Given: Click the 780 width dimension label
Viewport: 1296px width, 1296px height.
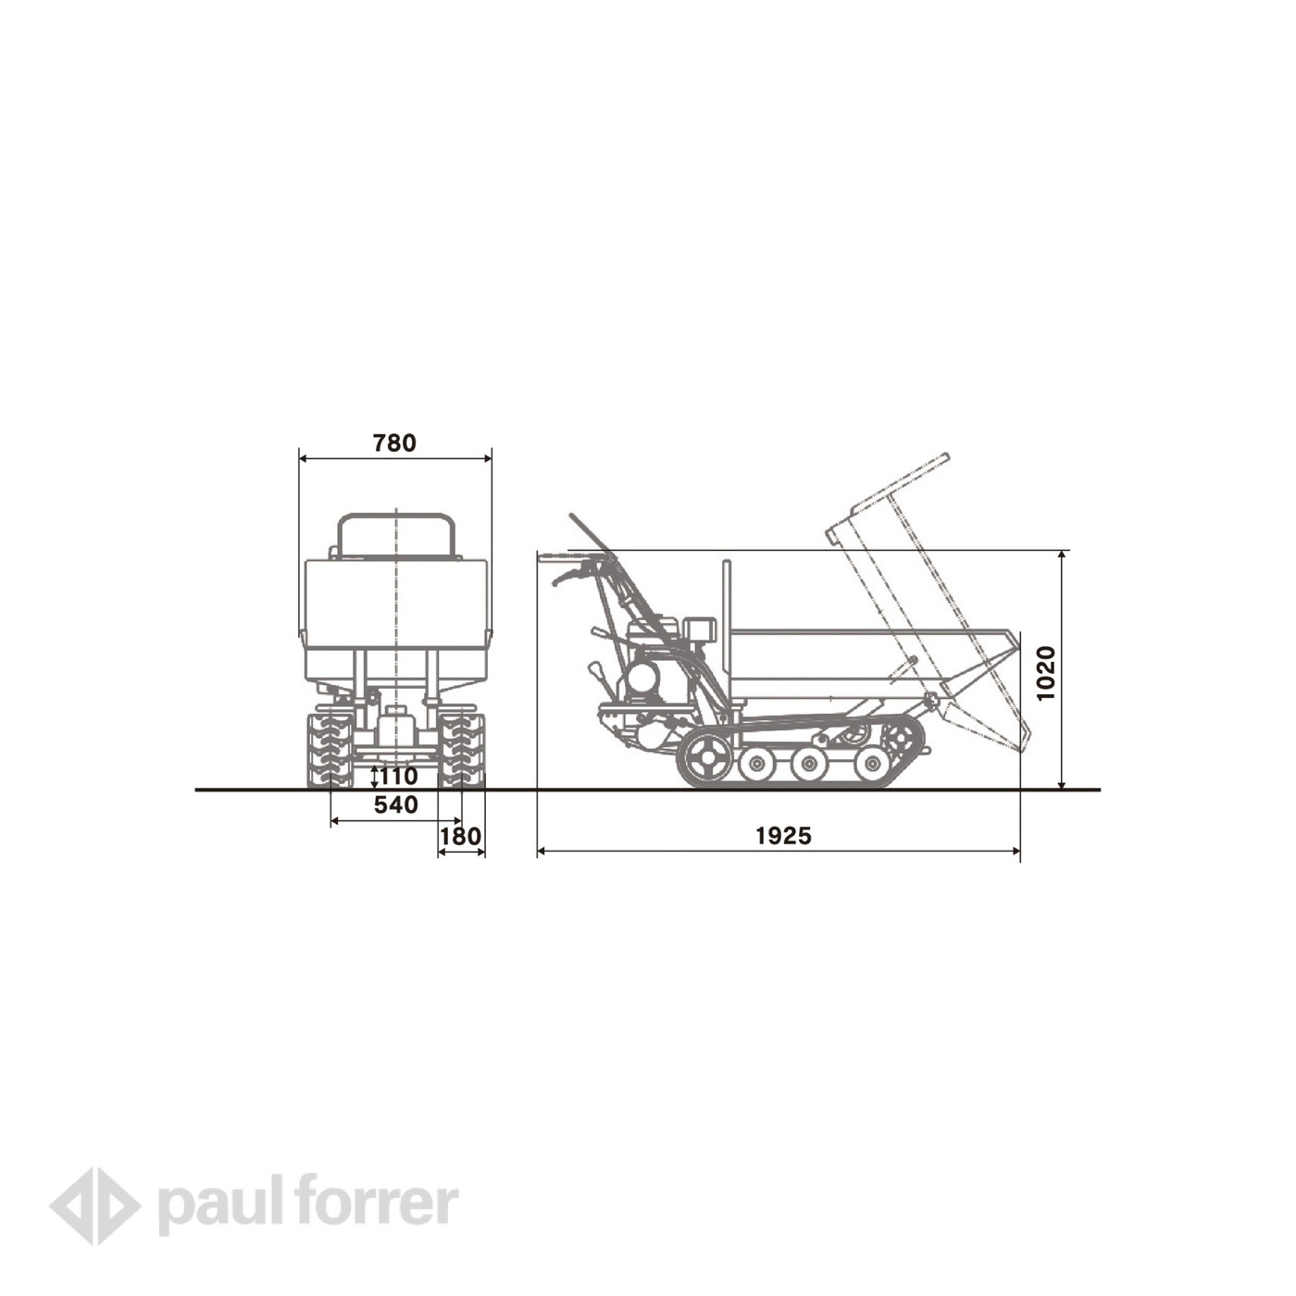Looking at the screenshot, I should point(394,443).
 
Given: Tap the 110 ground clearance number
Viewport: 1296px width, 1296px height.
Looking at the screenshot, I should point(399,776).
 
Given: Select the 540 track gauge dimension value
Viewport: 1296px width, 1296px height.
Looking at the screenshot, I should point(396,805).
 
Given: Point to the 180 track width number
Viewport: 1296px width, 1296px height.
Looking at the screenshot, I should point(460,837).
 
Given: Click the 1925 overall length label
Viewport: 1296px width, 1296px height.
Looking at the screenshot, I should point(783,836).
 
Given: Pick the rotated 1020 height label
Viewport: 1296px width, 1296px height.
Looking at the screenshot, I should point(1046,673).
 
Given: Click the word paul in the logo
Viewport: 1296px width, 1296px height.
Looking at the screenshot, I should point(222,1203).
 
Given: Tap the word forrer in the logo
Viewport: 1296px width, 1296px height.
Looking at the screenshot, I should point(380,1203).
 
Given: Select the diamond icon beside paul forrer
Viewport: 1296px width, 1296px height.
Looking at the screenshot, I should point(94,1205).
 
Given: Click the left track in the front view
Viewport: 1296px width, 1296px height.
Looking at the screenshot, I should point(330,750).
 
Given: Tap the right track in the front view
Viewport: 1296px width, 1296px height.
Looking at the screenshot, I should point(462,750).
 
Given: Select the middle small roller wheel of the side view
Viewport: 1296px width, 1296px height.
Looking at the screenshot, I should point(810,764).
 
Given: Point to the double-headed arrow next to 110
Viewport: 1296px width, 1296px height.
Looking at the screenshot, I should point(374,776).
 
